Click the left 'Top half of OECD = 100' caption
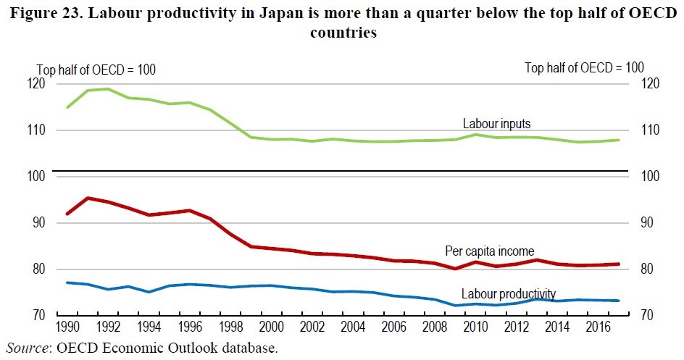[96, 70]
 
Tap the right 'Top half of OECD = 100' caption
[584, 67]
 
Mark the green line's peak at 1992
[107, 89]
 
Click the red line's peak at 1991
[87, 198]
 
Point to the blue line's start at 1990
[67, 282]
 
